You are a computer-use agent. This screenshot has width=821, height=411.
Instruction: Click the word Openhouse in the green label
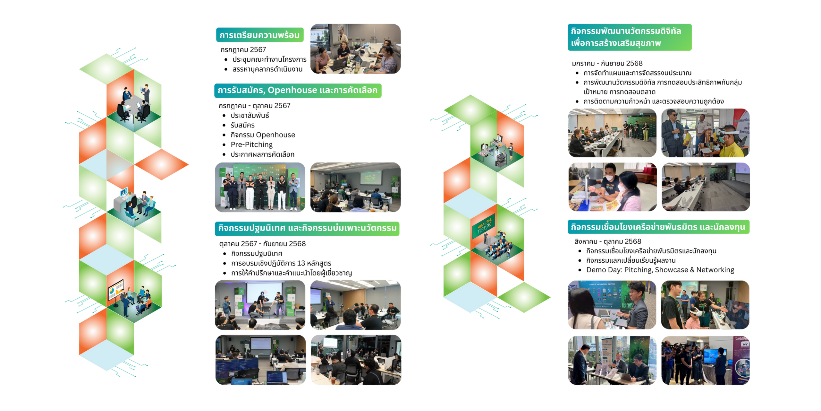292,90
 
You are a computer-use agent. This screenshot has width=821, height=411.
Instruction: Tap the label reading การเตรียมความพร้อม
259,35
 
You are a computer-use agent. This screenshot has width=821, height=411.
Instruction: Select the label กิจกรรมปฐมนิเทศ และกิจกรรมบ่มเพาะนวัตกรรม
307,228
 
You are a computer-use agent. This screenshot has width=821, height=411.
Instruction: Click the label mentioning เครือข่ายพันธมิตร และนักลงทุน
658,227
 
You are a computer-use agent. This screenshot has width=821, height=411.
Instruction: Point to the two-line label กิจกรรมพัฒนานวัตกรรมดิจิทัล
629,37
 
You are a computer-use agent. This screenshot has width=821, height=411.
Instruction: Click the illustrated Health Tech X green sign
484,226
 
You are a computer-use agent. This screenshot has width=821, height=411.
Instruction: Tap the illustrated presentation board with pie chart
115,289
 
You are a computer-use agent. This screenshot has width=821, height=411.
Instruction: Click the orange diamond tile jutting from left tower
162,164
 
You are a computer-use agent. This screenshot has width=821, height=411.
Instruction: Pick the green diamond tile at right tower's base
524,297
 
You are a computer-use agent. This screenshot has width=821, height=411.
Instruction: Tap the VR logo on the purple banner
744,344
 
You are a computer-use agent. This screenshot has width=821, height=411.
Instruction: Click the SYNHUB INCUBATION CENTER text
602,284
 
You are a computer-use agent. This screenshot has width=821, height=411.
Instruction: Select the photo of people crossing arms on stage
260,187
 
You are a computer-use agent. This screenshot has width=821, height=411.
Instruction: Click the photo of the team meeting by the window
355,49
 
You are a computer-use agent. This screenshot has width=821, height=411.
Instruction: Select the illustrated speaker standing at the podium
486,237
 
